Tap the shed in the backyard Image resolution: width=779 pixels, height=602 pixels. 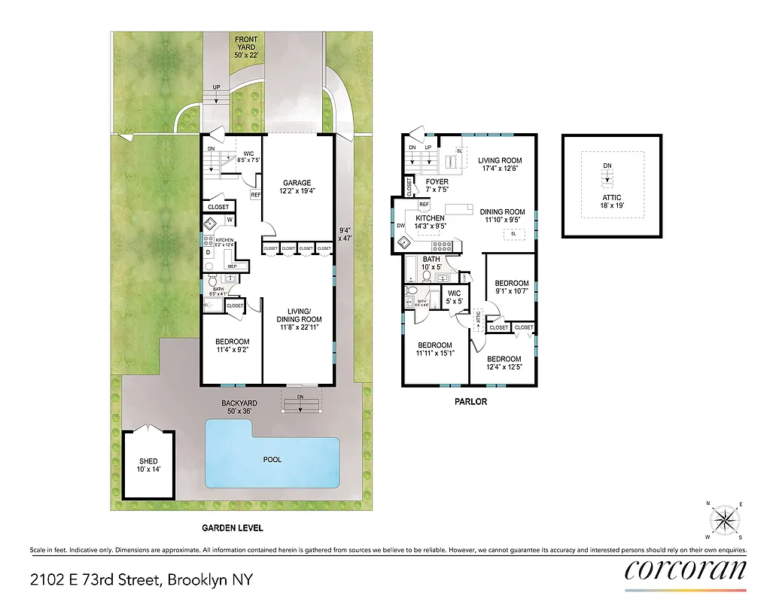(149, 465)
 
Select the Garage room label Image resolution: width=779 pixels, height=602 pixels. (297, 187)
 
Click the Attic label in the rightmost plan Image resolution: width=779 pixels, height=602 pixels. (611, 198)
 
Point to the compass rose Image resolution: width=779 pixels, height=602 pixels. (724, 519)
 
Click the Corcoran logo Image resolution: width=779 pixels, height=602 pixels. (685, 570)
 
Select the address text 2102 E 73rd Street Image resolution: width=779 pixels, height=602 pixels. (141, 579)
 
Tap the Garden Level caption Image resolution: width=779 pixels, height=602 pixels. (232, 528)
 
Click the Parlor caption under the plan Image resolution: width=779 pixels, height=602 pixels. (470, 402)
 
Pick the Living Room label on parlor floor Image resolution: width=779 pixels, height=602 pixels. (500, 165)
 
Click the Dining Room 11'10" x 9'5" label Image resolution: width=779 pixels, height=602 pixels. (502, 217)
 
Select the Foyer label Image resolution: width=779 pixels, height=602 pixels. (437, 186)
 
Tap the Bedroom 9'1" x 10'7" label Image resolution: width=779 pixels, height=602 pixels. (512, 288)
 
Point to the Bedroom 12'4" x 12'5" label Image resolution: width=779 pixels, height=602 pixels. (503, 363)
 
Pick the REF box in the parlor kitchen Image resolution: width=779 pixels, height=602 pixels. (424, 204)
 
